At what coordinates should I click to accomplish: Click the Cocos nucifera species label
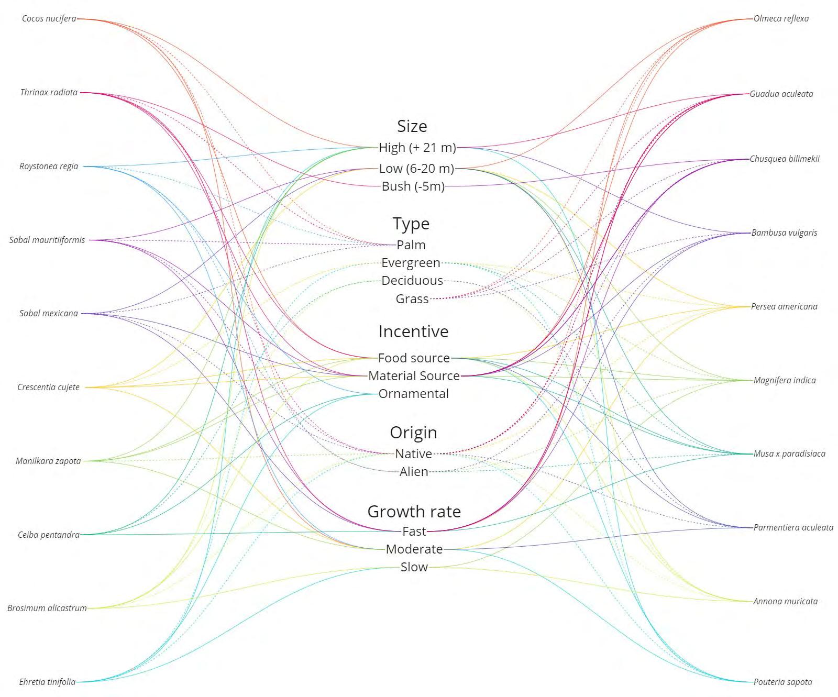coord(49,19)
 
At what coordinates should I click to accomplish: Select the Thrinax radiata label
coord(49,93)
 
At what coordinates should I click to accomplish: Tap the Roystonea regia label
coord(49,167)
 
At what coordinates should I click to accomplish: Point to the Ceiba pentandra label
coord(49,535)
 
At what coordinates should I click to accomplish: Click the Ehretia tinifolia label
coord(47,682)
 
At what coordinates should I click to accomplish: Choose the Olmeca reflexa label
coord(781,19)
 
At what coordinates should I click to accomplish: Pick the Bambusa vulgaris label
coord(784,233)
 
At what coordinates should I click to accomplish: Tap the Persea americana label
coord(784,307)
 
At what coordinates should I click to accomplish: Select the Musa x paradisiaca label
coord(789,454)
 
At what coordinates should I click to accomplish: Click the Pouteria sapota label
coord(782,682)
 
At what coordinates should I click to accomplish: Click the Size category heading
coord(412,126)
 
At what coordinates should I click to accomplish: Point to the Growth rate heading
coord(414,512)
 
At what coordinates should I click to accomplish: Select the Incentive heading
coord(413,331)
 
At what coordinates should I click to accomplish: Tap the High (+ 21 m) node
coord(417,148)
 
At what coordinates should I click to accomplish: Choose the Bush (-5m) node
coord(413,186)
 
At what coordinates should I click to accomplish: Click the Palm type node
coord(411,245)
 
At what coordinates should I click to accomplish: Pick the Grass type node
coord(412,299)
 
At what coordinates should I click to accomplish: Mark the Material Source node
coord(414,376)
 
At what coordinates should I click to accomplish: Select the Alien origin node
coord(414,472)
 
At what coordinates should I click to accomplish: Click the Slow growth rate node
coord(414,567)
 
